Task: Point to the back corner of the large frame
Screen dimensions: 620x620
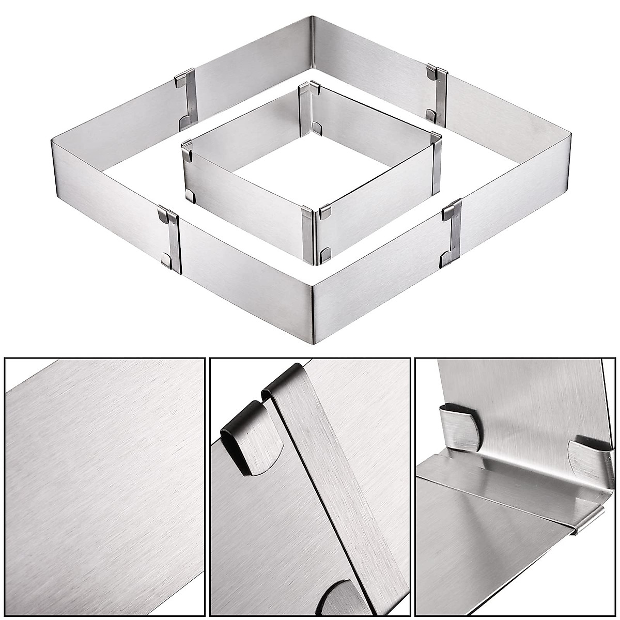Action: (x=312, y=41)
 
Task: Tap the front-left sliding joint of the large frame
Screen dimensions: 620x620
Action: (x=171, y=238)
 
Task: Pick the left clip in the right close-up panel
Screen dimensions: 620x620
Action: (x=460, y=429)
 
